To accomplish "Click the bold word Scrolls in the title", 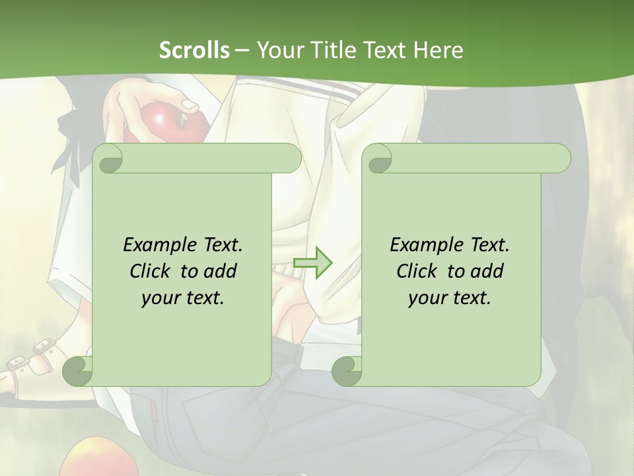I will pyautogui.click(x=194, y=50).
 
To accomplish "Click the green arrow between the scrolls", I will pyautogui.click(x=312, y=262).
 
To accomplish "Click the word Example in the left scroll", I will pyautogui.click(x=160, y=245).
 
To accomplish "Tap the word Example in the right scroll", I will pyautogui.click(x=427, y=245).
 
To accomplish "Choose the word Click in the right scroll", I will pyautogui.click(x=417, y=271).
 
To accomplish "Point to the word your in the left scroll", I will pyautogui.click(x=160, y=298).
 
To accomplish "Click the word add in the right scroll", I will pyautogui.click(x=487, y=271).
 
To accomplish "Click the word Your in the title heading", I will pyautogui.click(x=277, y=50).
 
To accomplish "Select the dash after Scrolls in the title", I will pyautogui.click(x=242, y=50).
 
